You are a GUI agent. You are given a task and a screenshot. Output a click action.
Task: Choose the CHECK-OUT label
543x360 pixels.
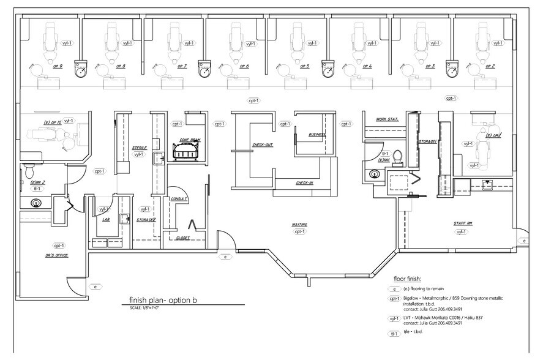click(262, 145)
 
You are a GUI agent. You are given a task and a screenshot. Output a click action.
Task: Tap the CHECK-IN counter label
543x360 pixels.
click(304, 182)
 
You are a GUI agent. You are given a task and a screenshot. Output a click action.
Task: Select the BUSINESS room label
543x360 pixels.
click(316, 134)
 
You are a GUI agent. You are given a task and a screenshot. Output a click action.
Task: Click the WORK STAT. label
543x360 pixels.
click(388, 119)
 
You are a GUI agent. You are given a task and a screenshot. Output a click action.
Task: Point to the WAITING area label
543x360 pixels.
click(299, 225)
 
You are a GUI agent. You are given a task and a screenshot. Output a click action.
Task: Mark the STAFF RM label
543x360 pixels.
click(462, 225)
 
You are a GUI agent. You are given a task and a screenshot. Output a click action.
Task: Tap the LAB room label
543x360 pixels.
click(105, 219)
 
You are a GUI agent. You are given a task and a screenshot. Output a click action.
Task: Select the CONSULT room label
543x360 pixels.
click(179, 199)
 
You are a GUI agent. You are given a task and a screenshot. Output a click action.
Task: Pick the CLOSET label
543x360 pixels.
click(182, 238)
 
